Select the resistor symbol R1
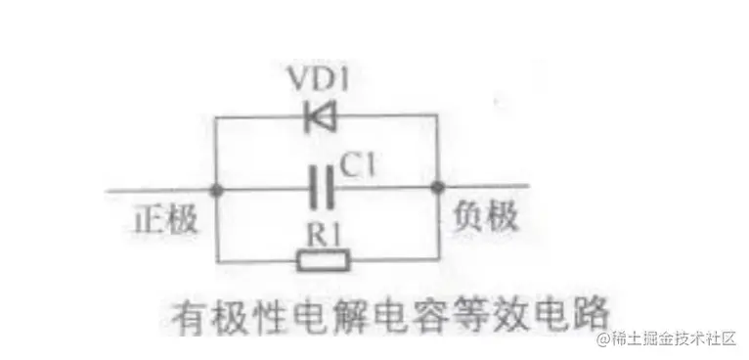[323, 259]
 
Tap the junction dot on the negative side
[436, 187]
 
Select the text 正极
[164, 219]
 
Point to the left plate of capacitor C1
[314, 187]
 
